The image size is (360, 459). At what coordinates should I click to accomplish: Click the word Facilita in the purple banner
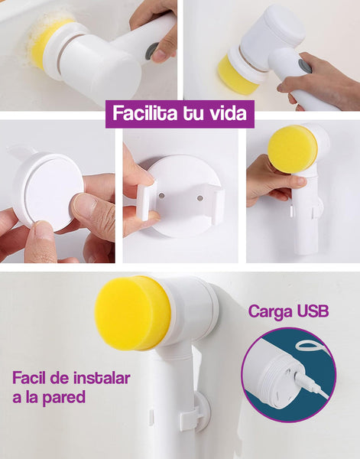pos(145,113)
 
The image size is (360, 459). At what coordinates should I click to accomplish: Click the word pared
pos(63,398)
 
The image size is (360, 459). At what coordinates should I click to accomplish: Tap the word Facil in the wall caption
pos(29,378)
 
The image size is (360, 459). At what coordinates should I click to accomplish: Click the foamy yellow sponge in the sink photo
pos(47,41)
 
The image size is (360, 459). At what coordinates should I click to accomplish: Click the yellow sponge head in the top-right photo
pos(238,75)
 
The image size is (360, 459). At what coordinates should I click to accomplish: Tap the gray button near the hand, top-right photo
pos(304,66)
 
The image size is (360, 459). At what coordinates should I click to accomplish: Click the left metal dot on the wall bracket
pos(161,195)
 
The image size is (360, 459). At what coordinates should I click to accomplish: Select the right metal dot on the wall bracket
pos(200,198)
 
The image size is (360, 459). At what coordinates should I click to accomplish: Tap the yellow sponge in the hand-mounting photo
pos(293,149)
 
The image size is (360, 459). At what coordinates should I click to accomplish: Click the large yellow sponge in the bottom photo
pos(132,313)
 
